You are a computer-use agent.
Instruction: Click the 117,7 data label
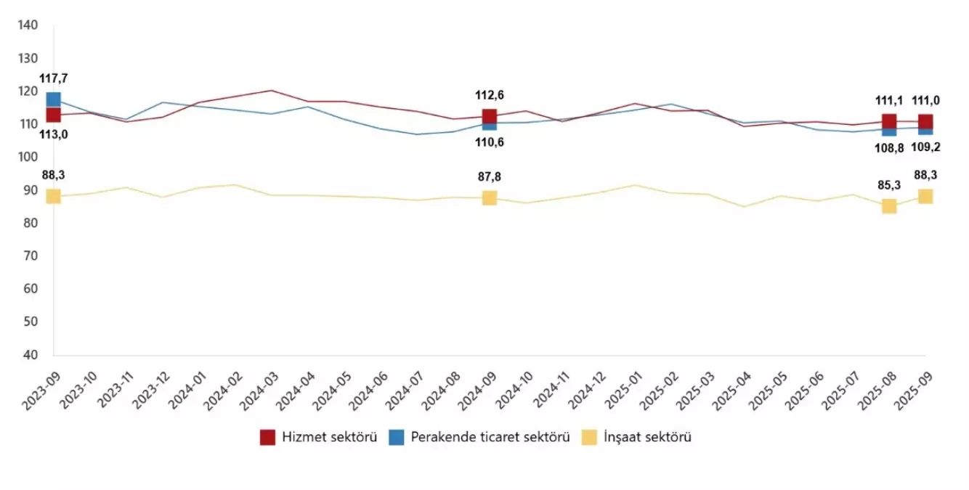[x=53, y=78]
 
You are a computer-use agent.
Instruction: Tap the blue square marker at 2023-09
[x=53, y=99]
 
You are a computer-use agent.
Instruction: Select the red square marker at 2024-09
[x=489, y=116]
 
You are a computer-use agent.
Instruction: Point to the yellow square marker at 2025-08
[x=888, y=206]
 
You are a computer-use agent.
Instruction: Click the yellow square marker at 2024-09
[x=489, y=197]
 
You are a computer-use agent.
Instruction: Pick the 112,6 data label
[x=489, y=94]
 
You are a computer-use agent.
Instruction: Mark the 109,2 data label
[x=925, y=147]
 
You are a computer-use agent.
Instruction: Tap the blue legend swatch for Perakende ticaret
[x=397, y=437]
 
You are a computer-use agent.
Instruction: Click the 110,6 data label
[x=489, y=142]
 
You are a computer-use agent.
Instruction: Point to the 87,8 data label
[x=489, y=176]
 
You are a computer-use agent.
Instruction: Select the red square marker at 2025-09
[x=925, y=121]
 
